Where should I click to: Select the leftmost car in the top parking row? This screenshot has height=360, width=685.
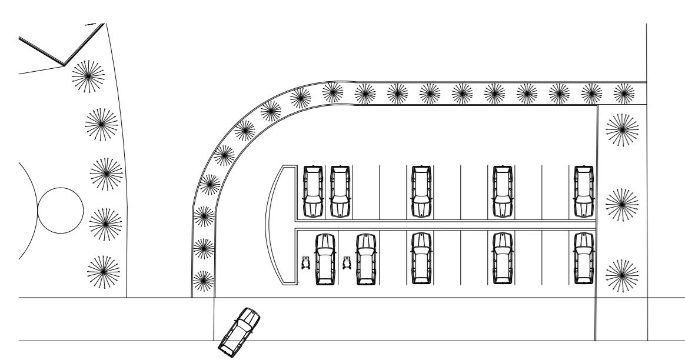(x=312, y=191)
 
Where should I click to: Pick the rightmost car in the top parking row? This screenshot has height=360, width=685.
(x=584, y=191)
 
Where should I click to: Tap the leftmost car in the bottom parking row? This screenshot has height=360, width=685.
(x=325, y=259)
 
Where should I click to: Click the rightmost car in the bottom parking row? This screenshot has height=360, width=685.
(x=584, y=259)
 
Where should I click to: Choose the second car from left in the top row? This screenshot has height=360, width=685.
(x=340, y=191)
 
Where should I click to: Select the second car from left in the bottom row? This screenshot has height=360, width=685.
(x=365, y=259)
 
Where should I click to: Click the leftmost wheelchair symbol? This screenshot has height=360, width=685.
(x=305, y=262)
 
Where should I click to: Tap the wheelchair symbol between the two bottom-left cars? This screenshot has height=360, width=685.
(x=347, y=262)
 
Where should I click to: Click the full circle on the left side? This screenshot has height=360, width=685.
(x=60, y=211)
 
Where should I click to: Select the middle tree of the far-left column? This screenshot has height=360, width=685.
(x=107, y=175)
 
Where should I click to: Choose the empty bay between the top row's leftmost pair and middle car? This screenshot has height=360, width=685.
(x=380, y=191)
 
